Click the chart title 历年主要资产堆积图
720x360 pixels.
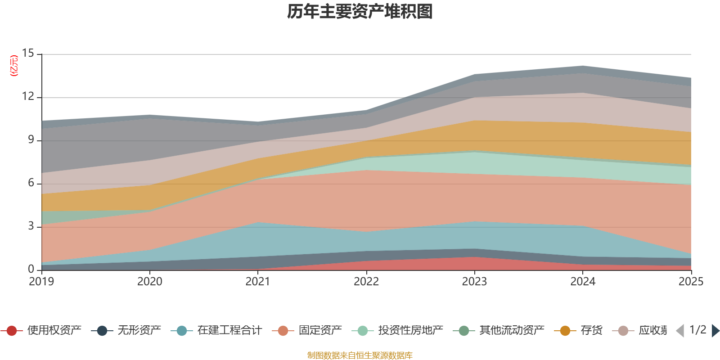[360, 12]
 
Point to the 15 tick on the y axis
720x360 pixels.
[28, 53]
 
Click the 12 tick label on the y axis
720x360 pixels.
[28, 96]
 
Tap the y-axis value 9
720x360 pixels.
[31, 139]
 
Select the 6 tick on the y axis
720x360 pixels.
[31, 183]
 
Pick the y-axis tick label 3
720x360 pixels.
[31, 226]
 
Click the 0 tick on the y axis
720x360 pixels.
[31, 269]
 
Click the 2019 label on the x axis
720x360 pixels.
[41, 282]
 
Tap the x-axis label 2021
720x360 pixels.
[258, 282]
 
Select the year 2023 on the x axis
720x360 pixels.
[474, 282]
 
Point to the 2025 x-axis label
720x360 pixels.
[690, 282]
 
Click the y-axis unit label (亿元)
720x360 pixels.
[14, 66]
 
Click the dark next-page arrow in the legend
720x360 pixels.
[715, 331]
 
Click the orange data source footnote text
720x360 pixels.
[360, 355]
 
